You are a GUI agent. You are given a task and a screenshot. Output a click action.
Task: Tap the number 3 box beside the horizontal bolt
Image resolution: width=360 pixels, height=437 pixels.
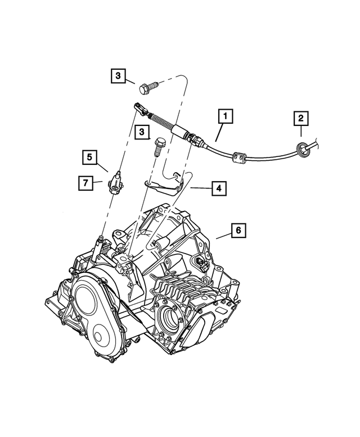point(118,75)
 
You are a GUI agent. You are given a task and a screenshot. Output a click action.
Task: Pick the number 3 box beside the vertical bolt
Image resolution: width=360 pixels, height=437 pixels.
point(142,132)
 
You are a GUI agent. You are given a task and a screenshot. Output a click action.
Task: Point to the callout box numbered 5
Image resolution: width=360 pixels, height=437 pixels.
point(89,157)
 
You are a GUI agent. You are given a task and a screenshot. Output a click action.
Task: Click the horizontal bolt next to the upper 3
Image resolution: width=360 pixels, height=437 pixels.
point(148,87)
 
